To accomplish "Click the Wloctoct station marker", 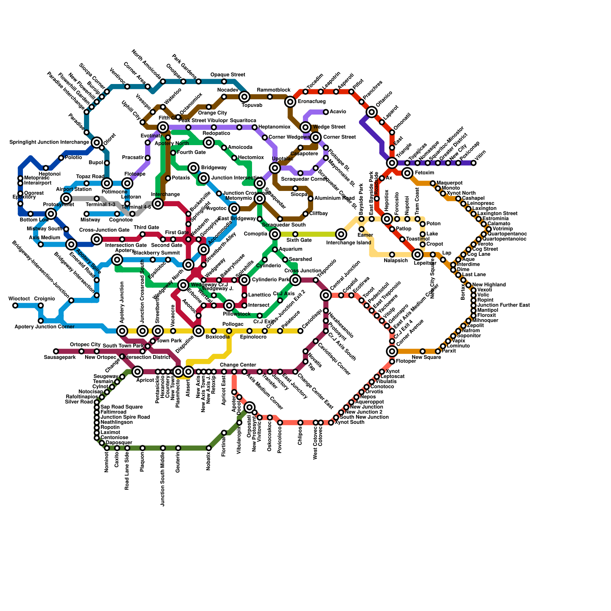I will [x=15, y=305].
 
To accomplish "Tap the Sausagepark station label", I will [x=60, y=357].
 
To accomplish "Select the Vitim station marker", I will [x=474, y=163].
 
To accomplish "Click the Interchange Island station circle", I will [x=341, y=234].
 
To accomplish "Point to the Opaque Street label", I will [x=228, y=75].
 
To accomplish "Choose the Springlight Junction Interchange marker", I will [x=97, y=142].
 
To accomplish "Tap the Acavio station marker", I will [x=326, y=112].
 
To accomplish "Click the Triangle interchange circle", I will [x=392, y=163].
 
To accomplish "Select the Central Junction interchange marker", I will [x=326, y=295].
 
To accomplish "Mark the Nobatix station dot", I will [x=209, y=448].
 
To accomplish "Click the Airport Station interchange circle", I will [x=66, y=199].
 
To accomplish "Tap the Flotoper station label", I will [x=406, y=361].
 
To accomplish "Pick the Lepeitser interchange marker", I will [x=417, y=255].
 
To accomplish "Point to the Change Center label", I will [x=238, y=365].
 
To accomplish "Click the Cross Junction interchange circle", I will [x=295, y=280].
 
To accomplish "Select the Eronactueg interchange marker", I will [x=290, y=102].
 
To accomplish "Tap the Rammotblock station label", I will [x=273, y=90].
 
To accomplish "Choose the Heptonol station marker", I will [x=46, y=168].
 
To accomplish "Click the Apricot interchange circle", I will [x=138, y=372].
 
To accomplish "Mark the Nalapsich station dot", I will [x=392, y=255].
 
